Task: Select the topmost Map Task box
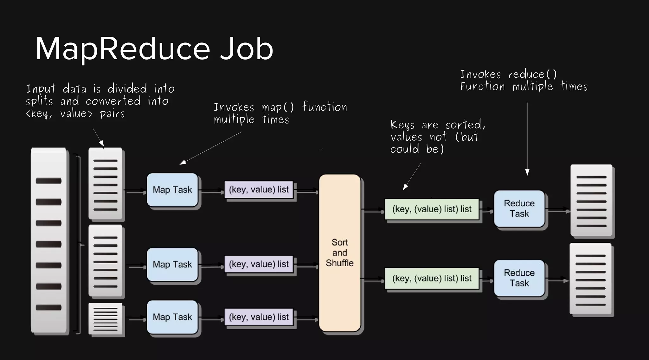[172, 190]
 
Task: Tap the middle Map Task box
[172, 264]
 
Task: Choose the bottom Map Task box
[172, 317]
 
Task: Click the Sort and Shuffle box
[339, 253]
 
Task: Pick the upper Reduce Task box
[519, 209]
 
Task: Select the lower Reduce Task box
[519, 278]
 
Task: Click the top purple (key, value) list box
[259, 190]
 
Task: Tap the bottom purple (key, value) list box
[259, 317]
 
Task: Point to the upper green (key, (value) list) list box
[432, 209]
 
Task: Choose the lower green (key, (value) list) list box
[432, 279]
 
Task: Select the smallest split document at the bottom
[106, 318]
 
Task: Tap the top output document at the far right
[591, 200]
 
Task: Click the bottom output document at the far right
[591, 279]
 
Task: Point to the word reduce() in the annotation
[532, 74]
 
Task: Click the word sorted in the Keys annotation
[465, 125]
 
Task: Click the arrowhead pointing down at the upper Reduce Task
[527, 172]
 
